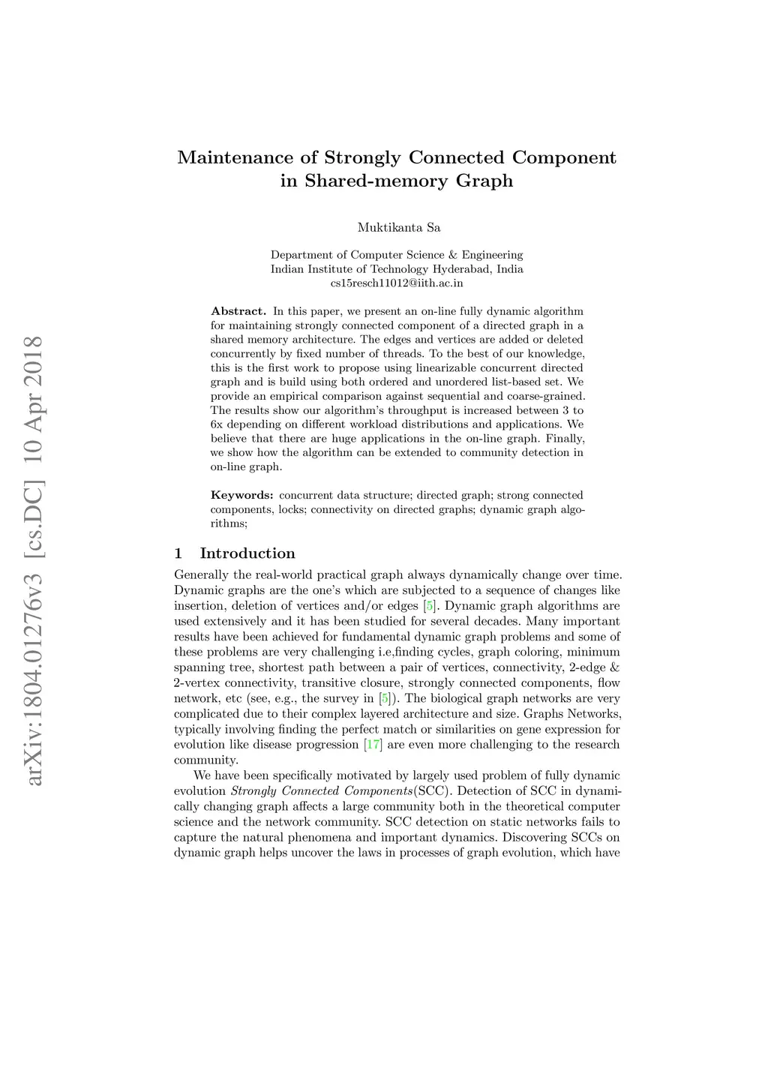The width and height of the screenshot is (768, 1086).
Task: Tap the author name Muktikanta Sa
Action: (398, 227)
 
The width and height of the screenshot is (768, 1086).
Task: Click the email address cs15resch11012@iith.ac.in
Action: (397, 283)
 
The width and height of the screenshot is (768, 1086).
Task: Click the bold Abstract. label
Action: (238, 311)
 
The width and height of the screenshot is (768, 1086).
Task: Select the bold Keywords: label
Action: (241, 495)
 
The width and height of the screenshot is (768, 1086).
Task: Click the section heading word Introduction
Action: (247, 553)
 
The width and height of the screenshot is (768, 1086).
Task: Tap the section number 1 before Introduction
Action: (178, 553)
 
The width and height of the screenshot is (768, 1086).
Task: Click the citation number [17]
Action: (373, 745)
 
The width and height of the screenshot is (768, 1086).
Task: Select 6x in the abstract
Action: (217, 424)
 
